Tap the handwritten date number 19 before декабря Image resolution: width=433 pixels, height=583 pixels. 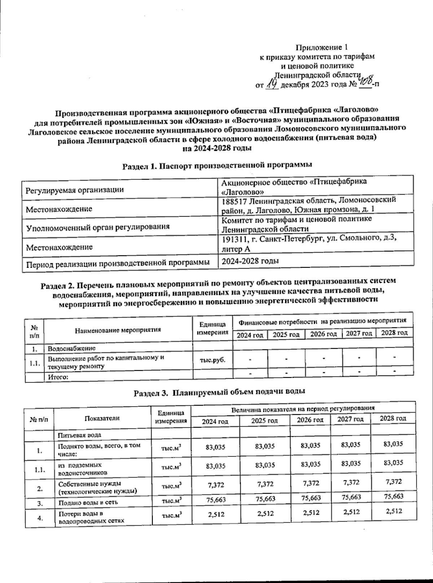272,84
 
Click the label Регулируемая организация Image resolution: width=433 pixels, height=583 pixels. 73,189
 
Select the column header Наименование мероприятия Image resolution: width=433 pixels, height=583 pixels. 118,330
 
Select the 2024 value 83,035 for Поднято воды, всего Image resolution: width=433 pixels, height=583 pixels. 215,447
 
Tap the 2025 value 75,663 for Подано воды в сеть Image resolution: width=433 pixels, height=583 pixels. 265,499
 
